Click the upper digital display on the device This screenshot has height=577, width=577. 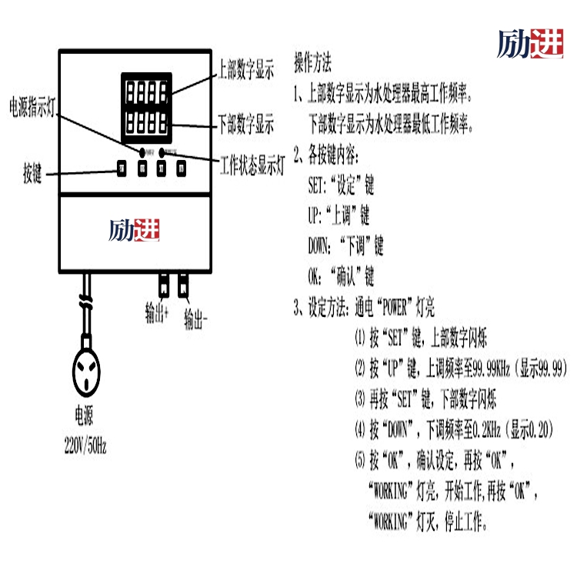pos(146,92)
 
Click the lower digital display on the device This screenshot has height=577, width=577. pos(146,121)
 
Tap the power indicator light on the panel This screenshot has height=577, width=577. pos(141,150)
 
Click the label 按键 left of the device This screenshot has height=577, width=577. pos(32,174)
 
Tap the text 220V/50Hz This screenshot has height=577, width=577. pos(85,445)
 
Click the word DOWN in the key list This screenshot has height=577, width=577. pos(320,247)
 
